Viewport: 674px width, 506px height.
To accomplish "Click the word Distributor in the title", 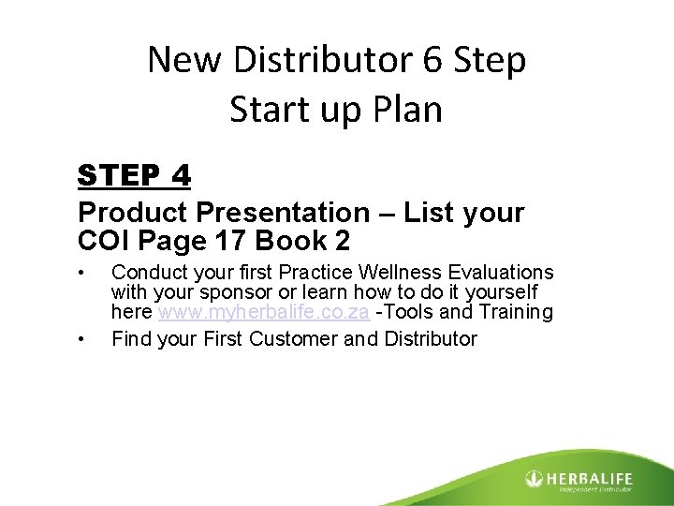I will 305,61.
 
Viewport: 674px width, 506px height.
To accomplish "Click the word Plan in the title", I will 405,110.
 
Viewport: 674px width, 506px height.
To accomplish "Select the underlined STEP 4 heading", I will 135,175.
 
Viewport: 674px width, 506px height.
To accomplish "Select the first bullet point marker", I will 83,273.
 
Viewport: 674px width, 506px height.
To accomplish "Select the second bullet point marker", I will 83,338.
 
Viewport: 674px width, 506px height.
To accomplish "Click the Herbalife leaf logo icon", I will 534,479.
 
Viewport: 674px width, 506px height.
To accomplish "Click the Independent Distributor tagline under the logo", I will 594,489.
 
